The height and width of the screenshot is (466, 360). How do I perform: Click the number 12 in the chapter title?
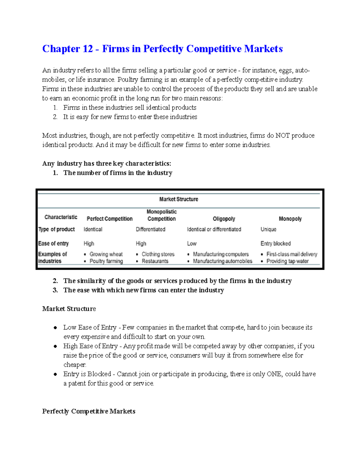[86, 49]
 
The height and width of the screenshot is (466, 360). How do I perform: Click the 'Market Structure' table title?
[178, 199]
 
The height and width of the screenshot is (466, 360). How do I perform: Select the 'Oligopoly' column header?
[224, 219]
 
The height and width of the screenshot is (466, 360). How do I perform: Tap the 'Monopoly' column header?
[290, 219]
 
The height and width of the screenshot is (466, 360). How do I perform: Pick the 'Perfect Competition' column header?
[109, 219]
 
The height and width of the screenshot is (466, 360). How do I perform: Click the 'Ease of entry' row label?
[53, 243]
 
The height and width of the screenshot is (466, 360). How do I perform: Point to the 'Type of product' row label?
[56, 229]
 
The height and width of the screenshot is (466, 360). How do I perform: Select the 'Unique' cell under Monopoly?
[268, 229]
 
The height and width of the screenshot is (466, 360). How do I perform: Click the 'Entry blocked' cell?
[275, 243]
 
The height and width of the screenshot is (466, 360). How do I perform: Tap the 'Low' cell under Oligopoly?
[192, 243]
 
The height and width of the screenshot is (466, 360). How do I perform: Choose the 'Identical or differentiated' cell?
[214, 229]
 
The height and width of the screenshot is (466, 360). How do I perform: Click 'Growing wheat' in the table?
[106, 254]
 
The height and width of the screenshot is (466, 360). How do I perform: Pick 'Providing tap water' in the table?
[287, 261]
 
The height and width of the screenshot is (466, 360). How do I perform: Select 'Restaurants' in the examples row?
[155, 261]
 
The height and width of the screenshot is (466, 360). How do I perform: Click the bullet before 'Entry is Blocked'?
[55, 374]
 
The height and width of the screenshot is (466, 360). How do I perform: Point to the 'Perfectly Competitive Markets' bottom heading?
[88, 411]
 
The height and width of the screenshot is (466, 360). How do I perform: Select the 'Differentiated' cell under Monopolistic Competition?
[150, 229]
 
